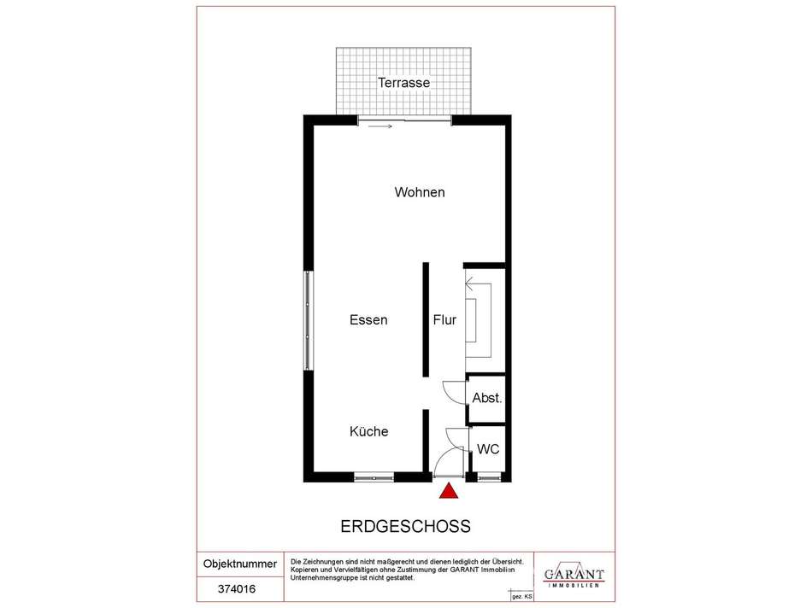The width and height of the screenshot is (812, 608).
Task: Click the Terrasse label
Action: point(403,82)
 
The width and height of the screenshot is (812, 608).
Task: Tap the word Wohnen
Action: point(420,192)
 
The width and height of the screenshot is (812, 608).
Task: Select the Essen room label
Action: point(368,319)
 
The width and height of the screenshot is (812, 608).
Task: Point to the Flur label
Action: point(444,319)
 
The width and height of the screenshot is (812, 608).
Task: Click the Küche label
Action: point(368,431)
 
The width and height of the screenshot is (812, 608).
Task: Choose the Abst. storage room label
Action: point(487,398)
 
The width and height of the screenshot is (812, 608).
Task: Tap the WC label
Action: point(488,449)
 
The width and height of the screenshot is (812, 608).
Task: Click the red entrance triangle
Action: point(449,490)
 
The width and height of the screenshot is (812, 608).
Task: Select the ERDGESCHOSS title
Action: point(405,526)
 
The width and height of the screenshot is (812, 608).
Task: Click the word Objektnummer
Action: point(240,564)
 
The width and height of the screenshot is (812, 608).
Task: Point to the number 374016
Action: point(237,589)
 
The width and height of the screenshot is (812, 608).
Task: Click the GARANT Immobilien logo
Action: point(574,576)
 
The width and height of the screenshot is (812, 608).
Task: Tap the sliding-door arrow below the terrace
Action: point(380,126)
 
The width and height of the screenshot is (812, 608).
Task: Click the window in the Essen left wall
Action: point(309,320)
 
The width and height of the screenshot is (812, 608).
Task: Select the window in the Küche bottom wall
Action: point(374,477)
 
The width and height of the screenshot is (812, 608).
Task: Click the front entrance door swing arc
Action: point(444,456)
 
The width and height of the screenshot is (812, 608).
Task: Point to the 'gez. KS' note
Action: point(522,596)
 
